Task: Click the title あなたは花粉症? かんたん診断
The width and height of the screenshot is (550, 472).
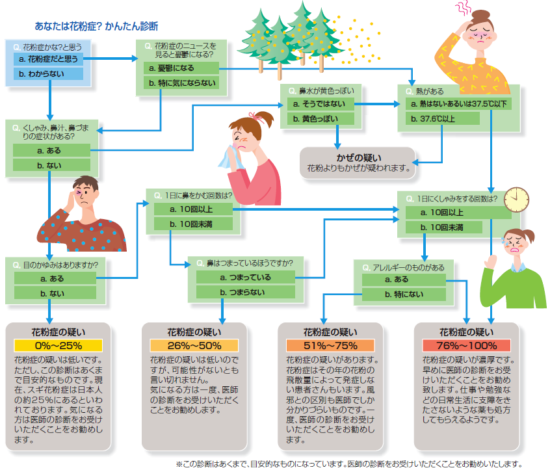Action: click(x=96, y=26)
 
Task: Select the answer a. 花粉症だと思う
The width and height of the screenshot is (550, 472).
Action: click(x=48, y=59)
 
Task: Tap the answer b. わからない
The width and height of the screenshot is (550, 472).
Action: click(x=48, y=73)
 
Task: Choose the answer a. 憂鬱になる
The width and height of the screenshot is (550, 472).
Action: click(x=181, y=68)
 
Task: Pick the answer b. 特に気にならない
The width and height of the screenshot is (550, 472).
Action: click(x=181, y=83)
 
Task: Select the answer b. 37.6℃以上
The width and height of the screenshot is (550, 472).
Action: click(x=443, y=119)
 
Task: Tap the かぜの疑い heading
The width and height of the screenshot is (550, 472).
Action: click(x=359, y=157)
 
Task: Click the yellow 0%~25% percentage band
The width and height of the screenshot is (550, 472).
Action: click(x=59, y=346)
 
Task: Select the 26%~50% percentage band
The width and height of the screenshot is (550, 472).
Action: click(x=194, y=346)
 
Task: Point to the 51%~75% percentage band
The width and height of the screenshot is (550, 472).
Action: click(x=330, y=346)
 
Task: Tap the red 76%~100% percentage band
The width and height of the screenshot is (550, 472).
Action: click(x=467, y=346)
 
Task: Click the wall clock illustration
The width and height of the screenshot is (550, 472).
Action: click(x=516, y=200)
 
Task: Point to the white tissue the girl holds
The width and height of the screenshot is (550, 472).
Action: click(x=230, y=159)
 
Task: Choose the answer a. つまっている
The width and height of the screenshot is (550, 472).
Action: click(x=246, y=278)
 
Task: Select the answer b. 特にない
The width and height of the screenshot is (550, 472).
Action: click(x=404, y=295)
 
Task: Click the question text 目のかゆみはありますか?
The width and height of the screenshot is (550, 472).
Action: click(x=60, y=265)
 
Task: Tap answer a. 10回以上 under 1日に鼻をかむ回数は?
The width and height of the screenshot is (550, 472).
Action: click(x=193, y=209)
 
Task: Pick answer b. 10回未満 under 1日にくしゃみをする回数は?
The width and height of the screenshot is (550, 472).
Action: click(x=444, y=228)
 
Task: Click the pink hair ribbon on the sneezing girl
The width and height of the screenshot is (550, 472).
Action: click(x=258, y=117)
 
